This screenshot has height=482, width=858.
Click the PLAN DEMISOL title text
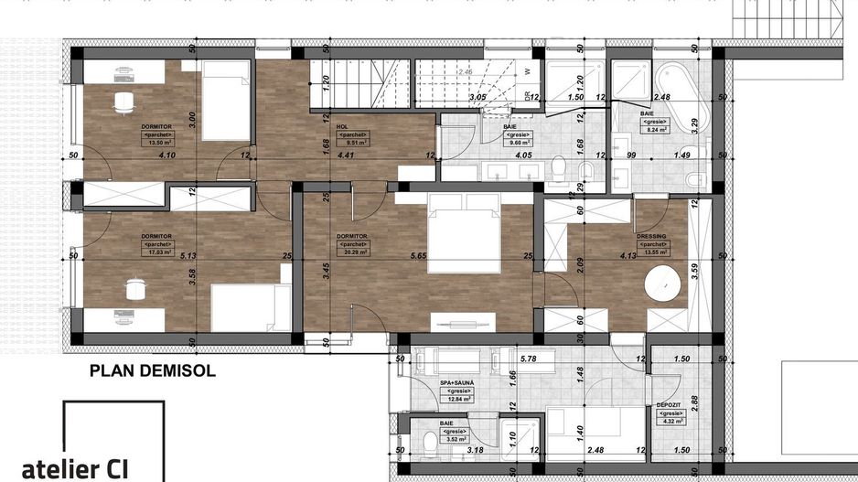coord(152,371)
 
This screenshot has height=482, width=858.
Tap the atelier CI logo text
coord(75,468)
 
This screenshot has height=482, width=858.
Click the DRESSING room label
coord(651,236)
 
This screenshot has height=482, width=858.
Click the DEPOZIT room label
coord(668,403)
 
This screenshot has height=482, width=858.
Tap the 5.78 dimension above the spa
coord(528,359)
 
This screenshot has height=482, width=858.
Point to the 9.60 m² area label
coord(509,144)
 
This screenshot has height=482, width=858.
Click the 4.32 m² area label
coord(668,420)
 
